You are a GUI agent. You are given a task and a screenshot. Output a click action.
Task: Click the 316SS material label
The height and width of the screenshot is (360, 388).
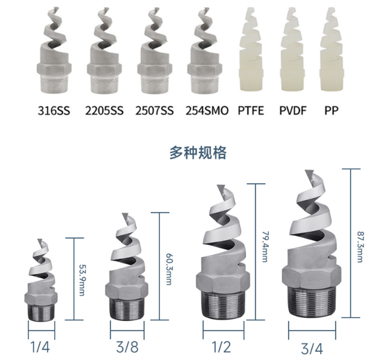coord(54,110)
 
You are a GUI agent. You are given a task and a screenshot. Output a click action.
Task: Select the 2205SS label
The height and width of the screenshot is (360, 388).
coord(104,110)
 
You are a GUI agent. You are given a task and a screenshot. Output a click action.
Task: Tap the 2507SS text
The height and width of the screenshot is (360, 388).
coord(155,110)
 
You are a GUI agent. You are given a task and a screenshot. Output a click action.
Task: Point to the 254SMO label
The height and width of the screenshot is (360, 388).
coord(207,110)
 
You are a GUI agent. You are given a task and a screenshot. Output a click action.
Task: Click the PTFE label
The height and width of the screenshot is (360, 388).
coord(251,110)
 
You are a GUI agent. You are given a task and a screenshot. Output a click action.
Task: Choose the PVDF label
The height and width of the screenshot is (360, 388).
coord(293,110)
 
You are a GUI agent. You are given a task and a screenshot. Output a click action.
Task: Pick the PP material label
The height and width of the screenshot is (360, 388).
coord(331,110)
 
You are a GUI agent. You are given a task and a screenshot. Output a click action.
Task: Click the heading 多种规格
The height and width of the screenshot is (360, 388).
coord(198,153)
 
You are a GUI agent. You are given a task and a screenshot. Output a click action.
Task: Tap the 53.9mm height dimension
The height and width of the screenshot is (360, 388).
coord(82,280)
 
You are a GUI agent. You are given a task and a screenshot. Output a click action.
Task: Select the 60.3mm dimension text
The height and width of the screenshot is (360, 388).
coord(169,269)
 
